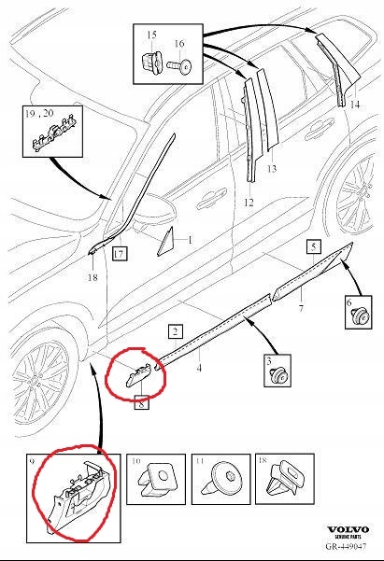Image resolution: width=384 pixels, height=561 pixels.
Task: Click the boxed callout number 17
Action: (x=119, y=253)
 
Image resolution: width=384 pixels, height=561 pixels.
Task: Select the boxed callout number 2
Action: (x=175, y=330)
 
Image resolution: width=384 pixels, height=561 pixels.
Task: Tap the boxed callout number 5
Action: (x=314, y=246)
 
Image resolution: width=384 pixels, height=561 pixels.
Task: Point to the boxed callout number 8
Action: (x=141, y=404)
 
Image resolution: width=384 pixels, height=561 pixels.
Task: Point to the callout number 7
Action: (x=301, y=308)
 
